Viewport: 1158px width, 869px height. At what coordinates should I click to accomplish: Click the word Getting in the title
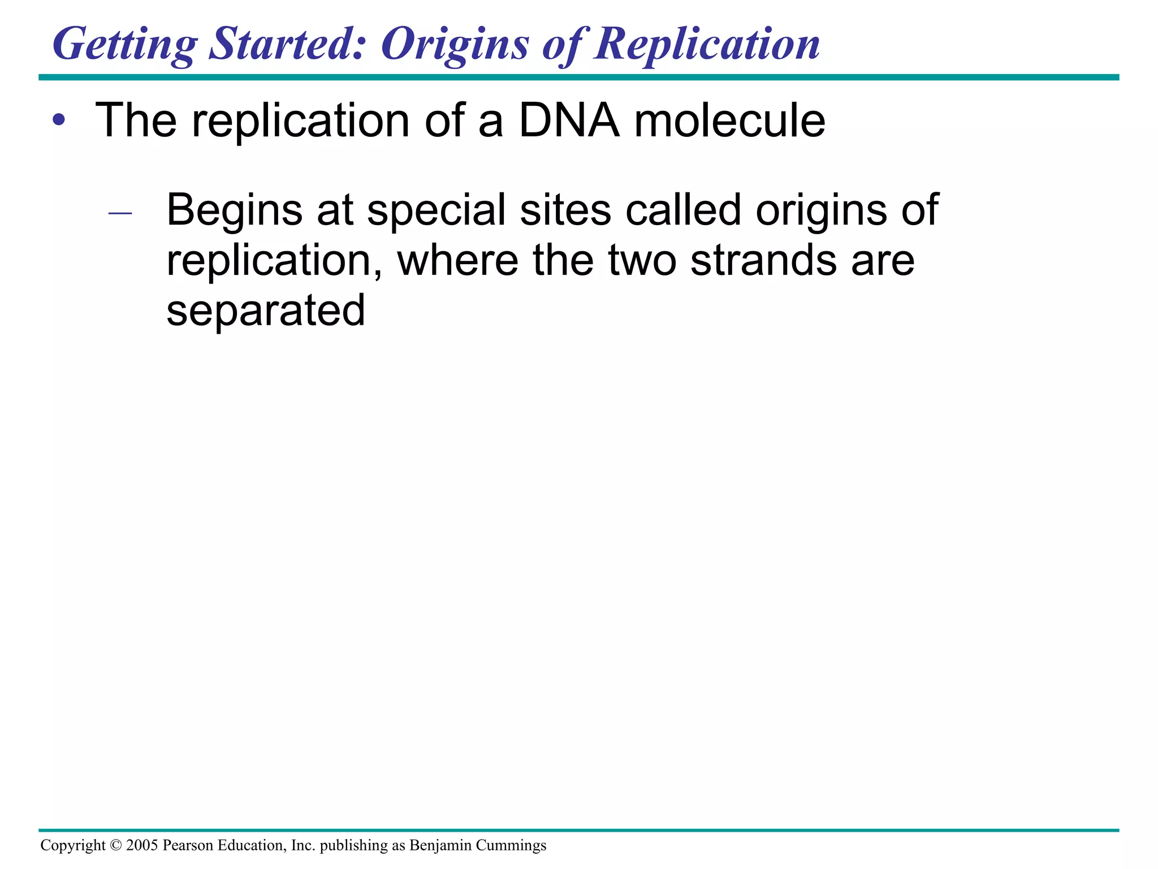coord(125,45)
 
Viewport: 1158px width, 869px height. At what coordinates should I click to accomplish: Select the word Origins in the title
coord(455,45)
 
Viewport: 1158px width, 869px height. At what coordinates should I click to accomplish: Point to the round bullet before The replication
coord(59,120)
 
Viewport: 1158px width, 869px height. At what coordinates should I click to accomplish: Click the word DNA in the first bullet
coord(568,120)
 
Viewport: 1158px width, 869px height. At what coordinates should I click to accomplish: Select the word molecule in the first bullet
coord(729,121)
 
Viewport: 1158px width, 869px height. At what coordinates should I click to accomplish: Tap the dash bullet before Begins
coord(120,213)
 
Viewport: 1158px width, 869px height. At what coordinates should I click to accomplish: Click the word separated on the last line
coord(266,311)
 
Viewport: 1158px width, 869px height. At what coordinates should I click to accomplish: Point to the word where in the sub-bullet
coord(457,260)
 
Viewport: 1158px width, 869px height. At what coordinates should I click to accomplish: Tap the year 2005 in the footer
coord(142,845)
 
